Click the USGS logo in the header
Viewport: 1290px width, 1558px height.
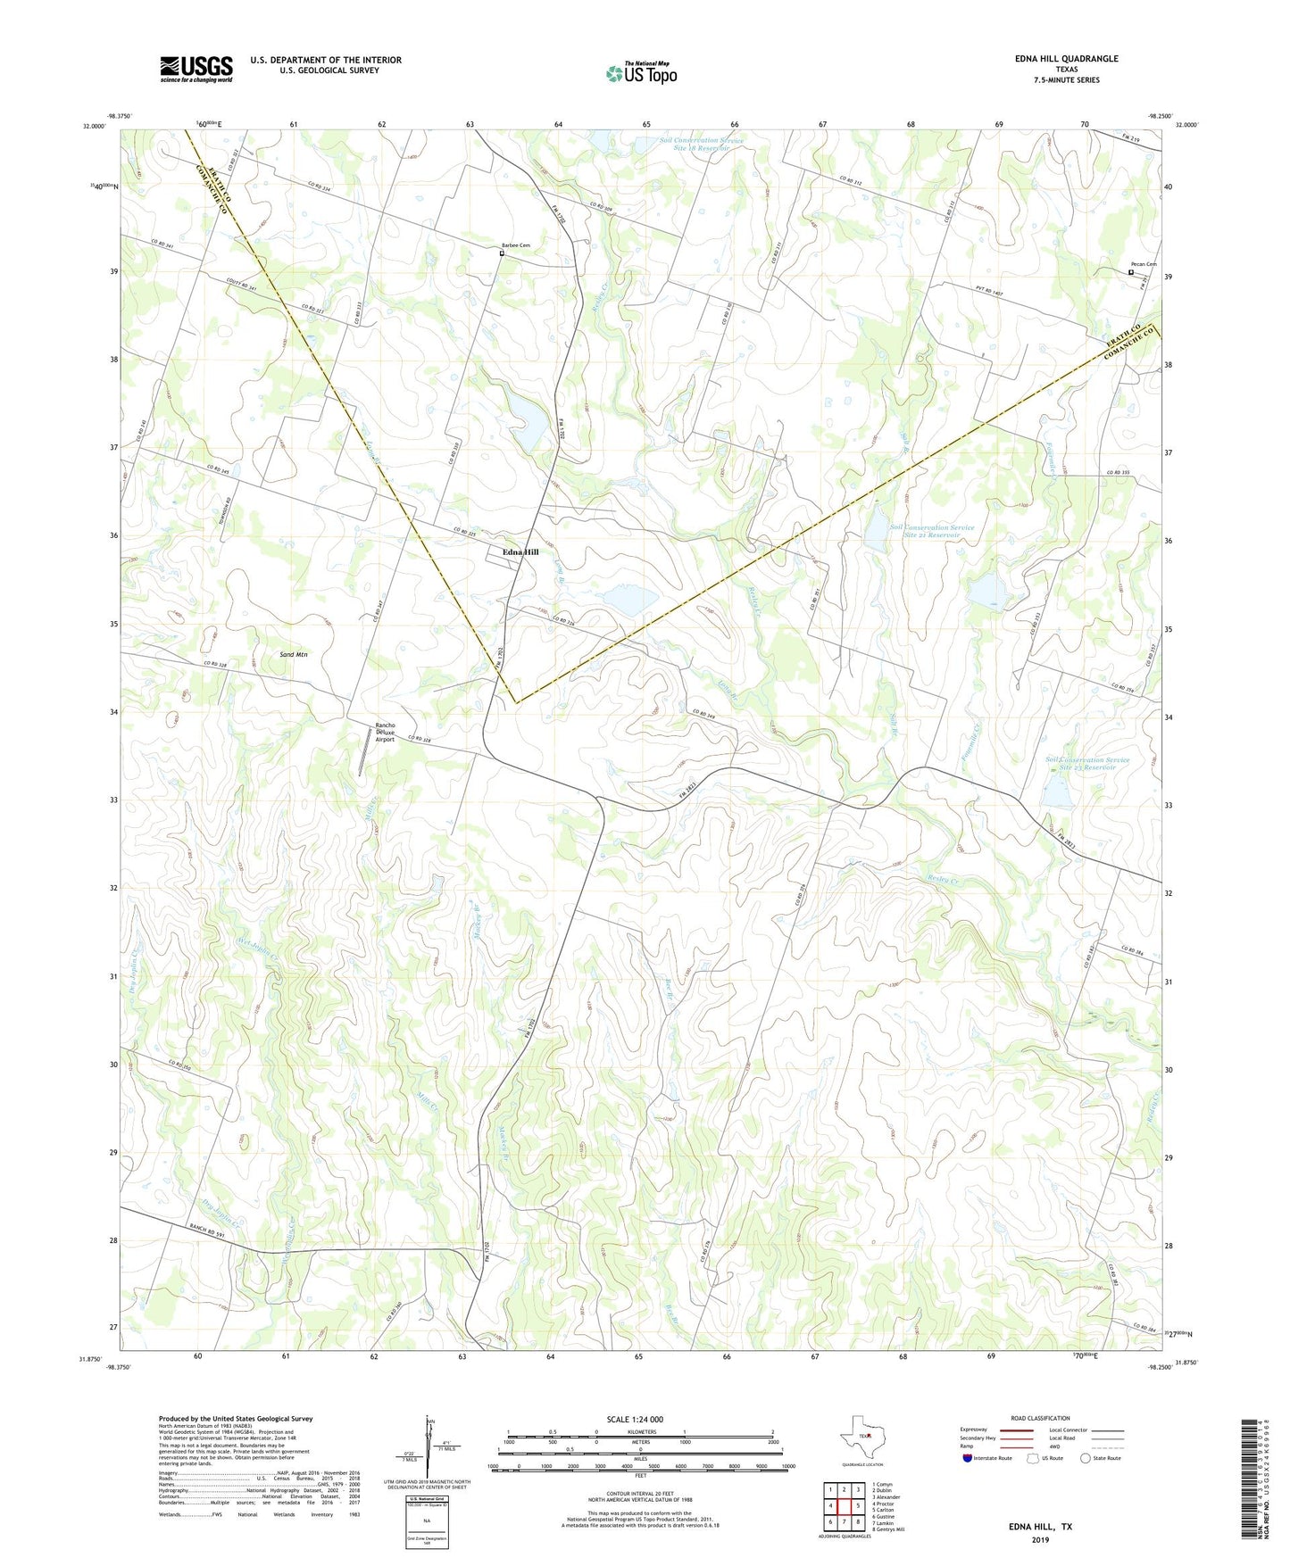click(x=196, y=69)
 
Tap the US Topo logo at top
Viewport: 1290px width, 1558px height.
click(x=641, y=73)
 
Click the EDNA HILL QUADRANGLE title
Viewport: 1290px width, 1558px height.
click(x=1066, y=59)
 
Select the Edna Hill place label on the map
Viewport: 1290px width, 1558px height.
click(x=520, y=552)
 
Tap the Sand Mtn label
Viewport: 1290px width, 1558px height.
click(x=294, y=655)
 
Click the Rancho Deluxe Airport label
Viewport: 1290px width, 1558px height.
click(x=385, y=733)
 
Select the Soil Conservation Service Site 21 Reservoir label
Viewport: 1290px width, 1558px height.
click(x=932, y=531)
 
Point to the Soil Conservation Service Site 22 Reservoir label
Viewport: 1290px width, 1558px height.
click(x=1087, y=764)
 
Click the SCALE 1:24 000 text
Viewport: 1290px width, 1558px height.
click(x=635, y=1419)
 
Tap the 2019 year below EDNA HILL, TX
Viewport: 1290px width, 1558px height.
click(x=1040, y=1539)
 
